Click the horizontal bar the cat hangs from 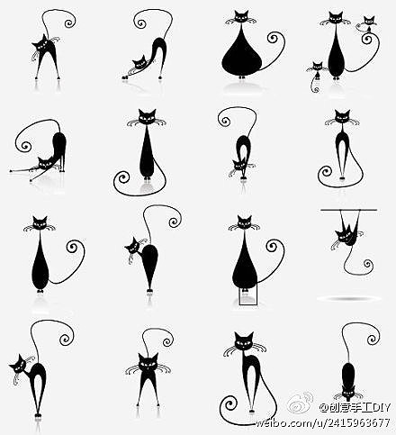349,210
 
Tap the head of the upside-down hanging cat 342,236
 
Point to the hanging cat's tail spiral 368,264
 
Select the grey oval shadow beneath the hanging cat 349,298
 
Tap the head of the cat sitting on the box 245,222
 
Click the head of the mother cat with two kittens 336,18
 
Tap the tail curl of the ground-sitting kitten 315,89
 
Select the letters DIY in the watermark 382,408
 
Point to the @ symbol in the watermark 323,408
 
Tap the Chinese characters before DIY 350,408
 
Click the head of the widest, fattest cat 241,17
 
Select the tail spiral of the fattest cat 274,39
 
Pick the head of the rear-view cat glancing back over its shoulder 132,245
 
